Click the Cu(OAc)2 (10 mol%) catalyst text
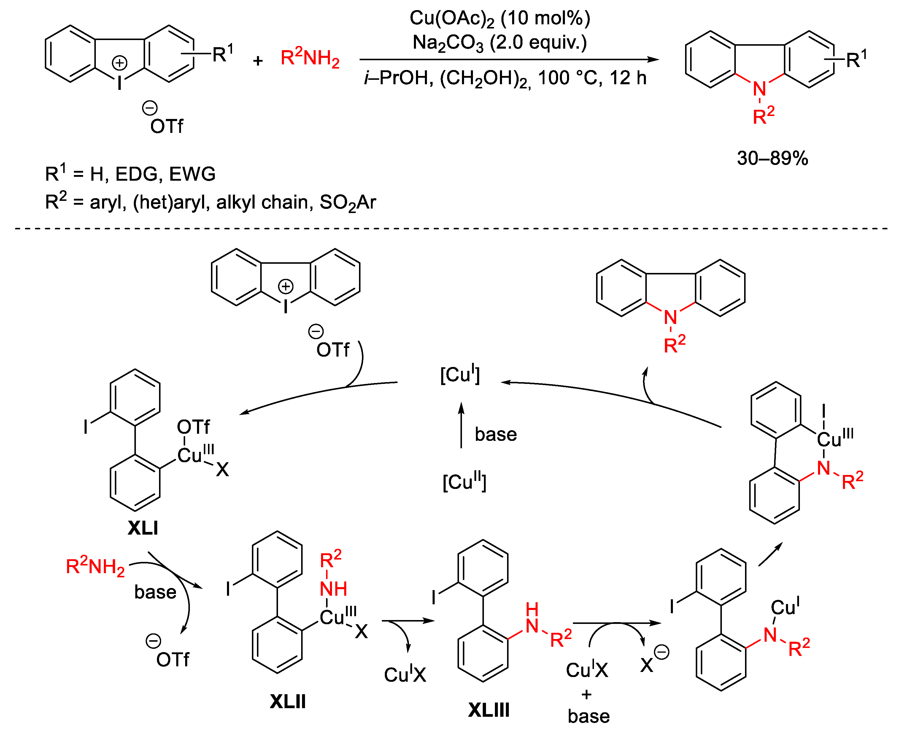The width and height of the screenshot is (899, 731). click(500, 18)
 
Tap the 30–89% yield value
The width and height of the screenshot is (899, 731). click(772, 158)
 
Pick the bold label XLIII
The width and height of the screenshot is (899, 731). click(488, 710)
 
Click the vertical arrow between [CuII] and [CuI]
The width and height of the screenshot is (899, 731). click(461, 425)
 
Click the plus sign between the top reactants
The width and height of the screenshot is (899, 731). click(258, 61)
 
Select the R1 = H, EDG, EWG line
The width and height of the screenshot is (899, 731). click(130, 174)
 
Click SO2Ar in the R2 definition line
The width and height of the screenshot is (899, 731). click(347, 203)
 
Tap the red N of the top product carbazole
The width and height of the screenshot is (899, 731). click(759, 89)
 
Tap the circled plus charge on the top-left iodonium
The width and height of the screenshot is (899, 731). click(120, 63)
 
